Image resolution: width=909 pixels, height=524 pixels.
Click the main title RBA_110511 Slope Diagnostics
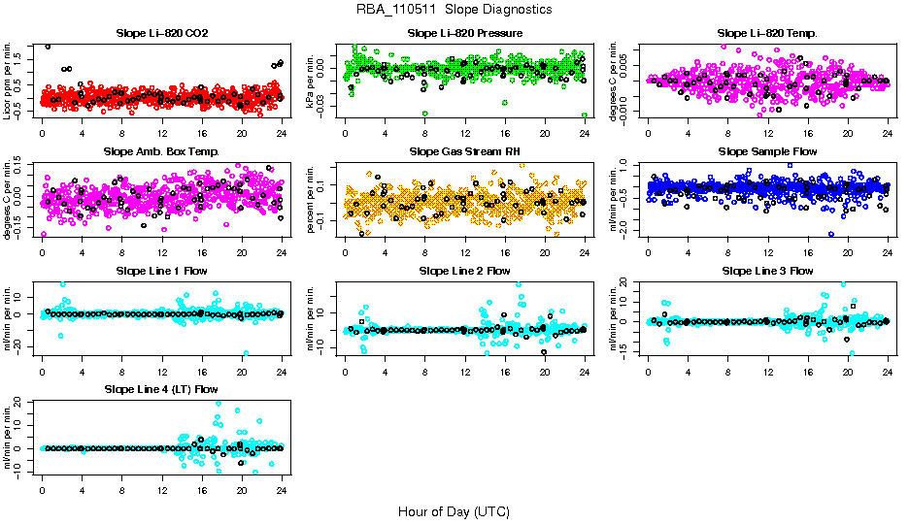(454, 9)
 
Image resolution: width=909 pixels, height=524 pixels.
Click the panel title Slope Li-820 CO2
(162, 33)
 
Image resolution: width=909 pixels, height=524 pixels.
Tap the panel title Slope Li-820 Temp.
(767, 33)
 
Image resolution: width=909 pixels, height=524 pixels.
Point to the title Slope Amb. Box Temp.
(162, 152)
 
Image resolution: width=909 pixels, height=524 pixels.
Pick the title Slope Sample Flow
(767, 152)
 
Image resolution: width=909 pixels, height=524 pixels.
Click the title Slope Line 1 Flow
(162, 271)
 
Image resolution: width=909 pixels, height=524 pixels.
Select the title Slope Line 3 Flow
(767, 271)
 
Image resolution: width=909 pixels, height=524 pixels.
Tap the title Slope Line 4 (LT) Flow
(162, 390)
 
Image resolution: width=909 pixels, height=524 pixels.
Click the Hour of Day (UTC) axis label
(454, 510)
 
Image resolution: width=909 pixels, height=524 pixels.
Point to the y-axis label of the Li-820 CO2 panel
(9, 81)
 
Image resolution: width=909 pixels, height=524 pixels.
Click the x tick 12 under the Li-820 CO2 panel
(162, 132)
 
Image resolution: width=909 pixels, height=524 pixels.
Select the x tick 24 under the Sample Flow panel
(888, 251)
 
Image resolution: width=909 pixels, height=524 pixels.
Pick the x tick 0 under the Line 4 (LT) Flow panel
(42, 489)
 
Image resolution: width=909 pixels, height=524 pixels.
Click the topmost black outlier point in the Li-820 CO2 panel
(48, 47)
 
